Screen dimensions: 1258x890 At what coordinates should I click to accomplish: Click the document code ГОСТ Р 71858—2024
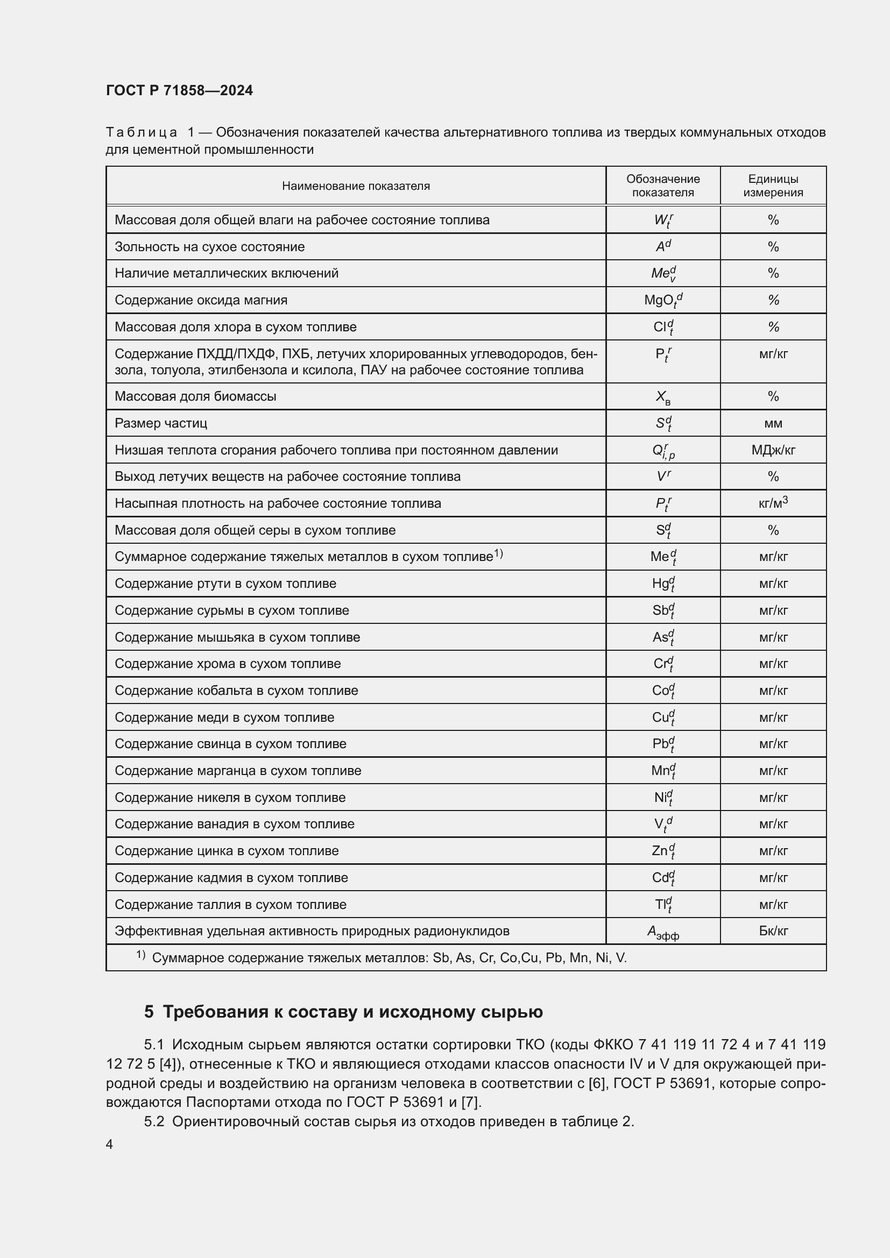coord(179,91)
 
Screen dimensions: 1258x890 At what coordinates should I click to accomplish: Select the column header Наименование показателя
coord(356,186)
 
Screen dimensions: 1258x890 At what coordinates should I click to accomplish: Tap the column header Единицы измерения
coord(773,186)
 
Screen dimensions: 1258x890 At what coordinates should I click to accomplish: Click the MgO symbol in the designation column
coord(662,300)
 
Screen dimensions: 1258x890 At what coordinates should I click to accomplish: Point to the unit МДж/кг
coord(773,450)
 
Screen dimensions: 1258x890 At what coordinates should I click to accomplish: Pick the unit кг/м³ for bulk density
coord(773,503)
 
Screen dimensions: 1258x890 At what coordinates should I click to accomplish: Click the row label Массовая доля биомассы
coord(195,396)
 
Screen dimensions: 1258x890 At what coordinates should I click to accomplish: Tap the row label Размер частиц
coord(160,423)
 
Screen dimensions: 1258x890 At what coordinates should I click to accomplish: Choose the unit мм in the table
coord(773,423)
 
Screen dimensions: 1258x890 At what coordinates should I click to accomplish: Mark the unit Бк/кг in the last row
coord(773,931)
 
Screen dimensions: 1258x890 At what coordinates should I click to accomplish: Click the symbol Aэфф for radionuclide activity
coord(662,932)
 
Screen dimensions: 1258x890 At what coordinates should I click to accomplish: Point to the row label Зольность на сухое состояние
coord(209,246)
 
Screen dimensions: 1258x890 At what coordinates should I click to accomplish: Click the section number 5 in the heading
coord(149,1012)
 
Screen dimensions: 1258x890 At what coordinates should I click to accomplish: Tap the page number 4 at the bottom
coord(109,1145)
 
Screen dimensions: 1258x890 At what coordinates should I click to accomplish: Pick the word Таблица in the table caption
coord(142,133)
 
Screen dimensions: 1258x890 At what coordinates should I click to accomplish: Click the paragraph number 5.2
coord(154,1121)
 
